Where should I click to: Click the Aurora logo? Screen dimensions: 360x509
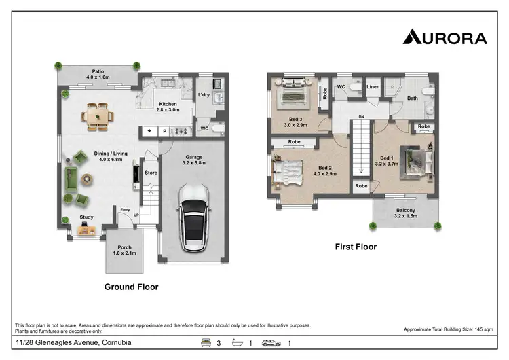point(445,37)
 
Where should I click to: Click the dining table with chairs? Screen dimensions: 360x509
point(100,116)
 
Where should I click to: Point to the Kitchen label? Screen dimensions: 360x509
point(166,104)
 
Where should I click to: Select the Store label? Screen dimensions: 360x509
point(151,173)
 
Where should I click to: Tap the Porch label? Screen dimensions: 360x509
point(124,247)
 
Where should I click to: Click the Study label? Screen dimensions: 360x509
point(86,217)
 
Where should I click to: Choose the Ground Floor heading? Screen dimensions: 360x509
point(131,287)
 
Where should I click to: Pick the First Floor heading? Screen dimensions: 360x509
point(355,247)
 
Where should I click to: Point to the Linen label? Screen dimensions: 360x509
point(373,87)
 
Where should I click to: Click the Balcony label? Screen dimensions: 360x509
point(406,210)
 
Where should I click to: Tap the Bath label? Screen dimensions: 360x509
point(413,98)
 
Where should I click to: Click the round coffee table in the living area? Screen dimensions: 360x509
point(87,179)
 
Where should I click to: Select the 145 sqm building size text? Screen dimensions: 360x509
point(448,329)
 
